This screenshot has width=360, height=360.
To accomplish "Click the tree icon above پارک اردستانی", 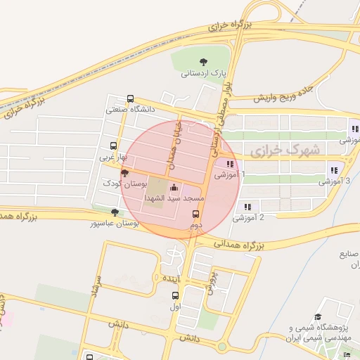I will click(204, 61).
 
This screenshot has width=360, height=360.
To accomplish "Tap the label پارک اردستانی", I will click(205, 72).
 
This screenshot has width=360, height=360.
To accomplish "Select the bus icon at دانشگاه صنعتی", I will click(130, 99).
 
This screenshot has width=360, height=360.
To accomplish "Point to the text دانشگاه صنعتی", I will click(129, 110).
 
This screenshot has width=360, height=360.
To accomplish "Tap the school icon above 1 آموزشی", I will click(230, 164).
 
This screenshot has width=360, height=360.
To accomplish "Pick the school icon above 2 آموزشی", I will click(247, 207).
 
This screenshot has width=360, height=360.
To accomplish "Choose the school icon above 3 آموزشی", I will click(333, 170).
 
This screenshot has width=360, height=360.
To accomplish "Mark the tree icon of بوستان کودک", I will click(124, 173).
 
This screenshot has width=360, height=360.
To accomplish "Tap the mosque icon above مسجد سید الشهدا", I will click(174, 188).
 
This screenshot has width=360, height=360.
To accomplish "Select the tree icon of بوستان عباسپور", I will click(115, 212).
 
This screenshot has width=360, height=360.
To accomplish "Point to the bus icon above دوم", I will click(195, 214).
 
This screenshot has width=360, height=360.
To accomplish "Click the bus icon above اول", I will click(174, 295).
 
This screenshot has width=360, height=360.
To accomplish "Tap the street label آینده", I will click(173, 279).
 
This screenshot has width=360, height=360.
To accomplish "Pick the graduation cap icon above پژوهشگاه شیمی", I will click(318, 317).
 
